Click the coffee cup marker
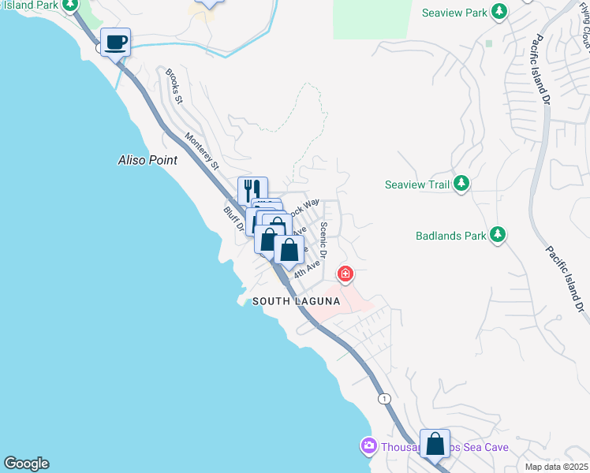[x=115, y=42]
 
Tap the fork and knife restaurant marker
[x=252, y=191]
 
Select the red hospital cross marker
[x=345, y=275]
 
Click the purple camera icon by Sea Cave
[x=368, y=446]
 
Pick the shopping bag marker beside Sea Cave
[x=435, y=443]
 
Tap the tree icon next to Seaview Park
[x=499, y=12]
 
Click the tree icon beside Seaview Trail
[x=461, y=184]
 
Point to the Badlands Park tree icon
[x=498, y=234]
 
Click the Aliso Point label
[x=142, y=160]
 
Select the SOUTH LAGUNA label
[x=296, y=302]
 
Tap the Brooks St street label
[x=174, y=87]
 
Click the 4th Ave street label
[x=307, y=269]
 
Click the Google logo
[x=25, y=464]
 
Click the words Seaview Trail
[x=416, y=185]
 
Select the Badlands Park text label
[x=450, y=235]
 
